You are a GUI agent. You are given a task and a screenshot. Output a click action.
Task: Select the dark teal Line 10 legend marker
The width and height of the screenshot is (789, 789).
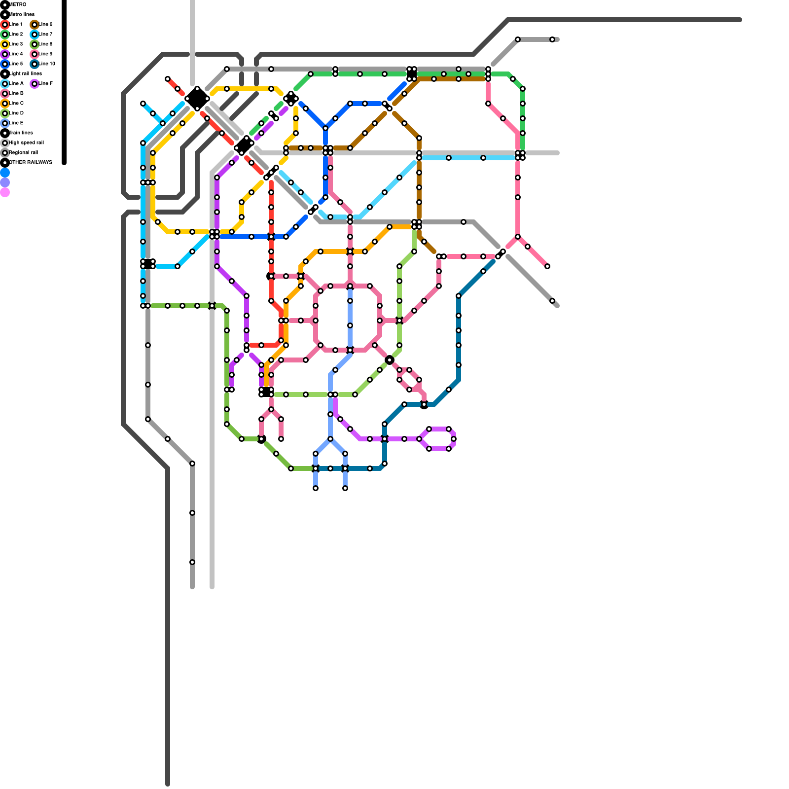pos(35,64)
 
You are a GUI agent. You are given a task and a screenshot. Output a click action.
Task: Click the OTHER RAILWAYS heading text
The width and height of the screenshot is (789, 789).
pos(30,162)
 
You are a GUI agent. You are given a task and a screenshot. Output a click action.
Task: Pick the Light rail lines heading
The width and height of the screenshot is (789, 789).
pos(25,73)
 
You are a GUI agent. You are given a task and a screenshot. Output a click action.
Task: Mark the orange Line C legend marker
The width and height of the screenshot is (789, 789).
pos(5,103)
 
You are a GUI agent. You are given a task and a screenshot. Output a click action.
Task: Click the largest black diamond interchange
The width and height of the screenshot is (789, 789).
pos(197,99)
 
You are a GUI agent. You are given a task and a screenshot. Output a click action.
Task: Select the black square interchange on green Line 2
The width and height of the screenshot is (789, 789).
pos(412,74)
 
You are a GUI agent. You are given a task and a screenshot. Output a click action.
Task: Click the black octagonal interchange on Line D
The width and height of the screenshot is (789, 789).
pos(390,360)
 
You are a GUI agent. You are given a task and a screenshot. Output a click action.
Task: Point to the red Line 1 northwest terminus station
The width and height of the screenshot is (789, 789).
pos(168,79)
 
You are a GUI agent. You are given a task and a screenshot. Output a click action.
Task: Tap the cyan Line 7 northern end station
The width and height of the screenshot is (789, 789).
pos(143,104)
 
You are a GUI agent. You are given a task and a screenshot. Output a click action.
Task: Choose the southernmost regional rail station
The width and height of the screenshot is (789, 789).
pos(192,562)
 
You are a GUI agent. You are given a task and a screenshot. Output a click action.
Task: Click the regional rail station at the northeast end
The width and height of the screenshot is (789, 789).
pos(552,39)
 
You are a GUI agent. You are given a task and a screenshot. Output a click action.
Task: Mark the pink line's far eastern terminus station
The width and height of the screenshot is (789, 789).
pos(547,266)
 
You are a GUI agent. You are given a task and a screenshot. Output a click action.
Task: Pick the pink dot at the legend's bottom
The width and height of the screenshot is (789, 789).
pos(5,192)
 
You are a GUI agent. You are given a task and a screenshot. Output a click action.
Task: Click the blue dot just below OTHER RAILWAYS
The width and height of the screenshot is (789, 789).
pos(5,173)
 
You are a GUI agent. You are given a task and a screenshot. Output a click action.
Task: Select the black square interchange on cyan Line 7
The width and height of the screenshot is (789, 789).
pos(148,264)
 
